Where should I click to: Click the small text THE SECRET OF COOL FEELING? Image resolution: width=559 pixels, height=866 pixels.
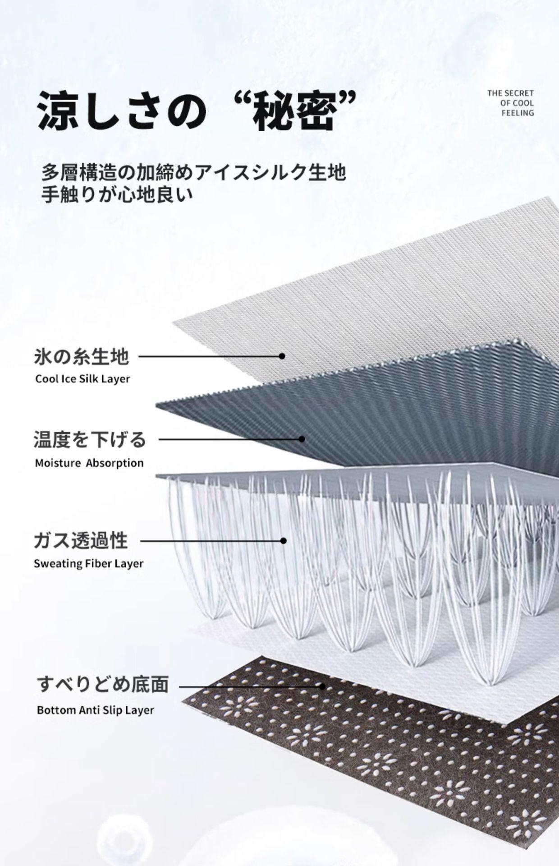pyautogui.click(x=510, y=103)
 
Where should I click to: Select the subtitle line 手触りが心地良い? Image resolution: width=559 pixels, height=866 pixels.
pyautogui.click(x=117, y=195)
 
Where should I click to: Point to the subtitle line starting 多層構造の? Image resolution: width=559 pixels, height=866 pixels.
pyautogui.click(x=194, y=173)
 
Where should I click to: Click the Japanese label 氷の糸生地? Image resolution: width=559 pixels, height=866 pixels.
pyautogui.click(x=82, y=357)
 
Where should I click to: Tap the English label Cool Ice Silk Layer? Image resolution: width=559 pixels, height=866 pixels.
pyautogui.click(x=82, y=379)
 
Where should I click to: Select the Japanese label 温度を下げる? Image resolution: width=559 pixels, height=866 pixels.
pyautogui.click(x=90, y=439)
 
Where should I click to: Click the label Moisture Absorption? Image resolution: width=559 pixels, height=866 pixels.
pyautogui.click(x=89, y=463)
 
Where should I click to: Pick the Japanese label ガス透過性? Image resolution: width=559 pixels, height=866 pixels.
pyautogui.click(x=81, y=540)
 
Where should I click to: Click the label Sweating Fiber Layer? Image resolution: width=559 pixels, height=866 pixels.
pyautogui.click(x=88, y=564)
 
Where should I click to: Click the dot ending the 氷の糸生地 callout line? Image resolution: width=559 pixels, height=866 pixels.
pyautogui.click(x=282, y=356)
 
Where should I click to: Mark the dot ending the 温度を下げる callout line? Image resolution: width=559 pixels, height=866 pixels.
pyautogui.click(x=302, y=439)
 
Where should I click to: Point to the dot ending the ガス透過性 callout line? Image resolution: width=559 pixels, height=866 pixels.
pyautogui.click(x=284, y=540)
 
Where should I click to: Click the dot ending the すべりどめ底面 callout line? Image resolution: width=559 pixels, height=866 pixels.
pyautogui.click(x=322, y=686)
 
